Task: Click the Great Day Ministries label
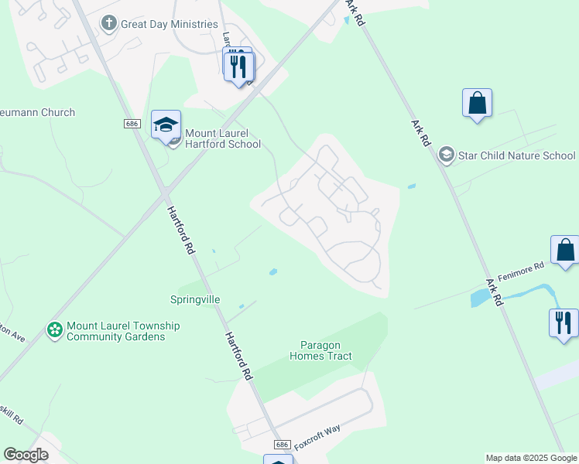pos(169,24)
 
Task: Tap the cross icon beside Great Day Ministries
pos(109,24)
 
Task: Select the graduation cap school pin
pos(166,125)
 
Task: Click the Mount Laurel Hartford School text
pos(222,138)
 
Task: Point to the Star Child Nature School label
pos(516,155)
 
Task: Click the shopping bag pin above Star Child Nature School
pos(477,104)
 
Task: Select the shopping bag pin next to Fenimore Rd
pos(565,251)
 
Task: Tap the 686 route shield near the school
pos(132,124)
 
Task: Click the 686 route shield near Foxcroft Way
pos(282,445)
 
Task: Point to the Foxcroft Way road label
pos(317,432)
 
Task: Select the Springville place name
pos(195,299)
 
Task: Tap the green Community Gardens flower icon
pos(54,330)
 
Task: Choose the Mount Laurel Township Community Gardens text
pos(122,331)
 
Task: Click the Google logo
pos(26,455)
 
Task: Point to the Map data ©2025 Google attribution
pos(530,458)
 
